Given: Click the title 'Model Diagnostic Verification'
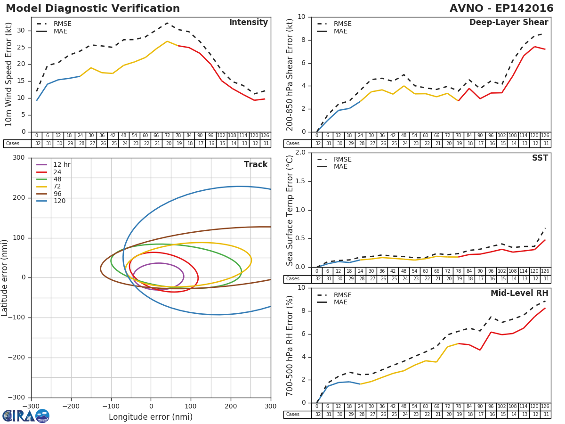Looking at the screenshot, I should click(x=93, y=8).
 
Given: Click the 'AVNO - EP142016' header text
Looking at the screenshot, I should click(x=501, y=8).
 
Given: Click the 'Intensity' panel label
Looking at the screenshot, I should click(x=248, y=23).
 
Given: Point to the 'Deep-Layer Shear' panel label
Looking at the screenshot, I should click(x=508, y=23).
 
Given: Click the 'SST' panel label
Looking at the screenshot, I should click(x=540, y=158).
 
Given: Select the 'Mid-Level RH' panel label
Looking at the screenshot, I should click(x=519, y=294).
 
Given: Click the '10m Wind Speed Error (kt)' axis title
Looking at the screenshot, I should click(x=9, y=74).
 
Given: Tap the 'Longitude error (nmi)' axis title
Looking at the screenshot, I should click(x=151, y=417).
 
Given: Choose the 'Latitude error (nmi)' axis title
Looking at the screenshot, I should click(x=5, y=277).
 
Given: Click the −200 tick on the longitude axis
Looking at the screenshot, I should click(x=71, y=406).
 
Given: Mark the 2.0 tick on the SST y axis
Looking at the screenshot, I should click(x=299, y=153).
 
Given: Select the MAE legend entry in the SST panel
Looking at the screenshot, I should click(x=340, y=167).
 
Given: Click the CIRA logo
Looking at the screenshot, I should click(x=26, y=416).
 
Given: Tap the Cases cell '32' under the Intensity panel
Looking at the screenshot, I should click(x=37, y=144).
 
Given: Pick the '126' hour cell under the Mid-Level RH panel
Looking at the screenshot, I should click(x=545, y=407).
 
